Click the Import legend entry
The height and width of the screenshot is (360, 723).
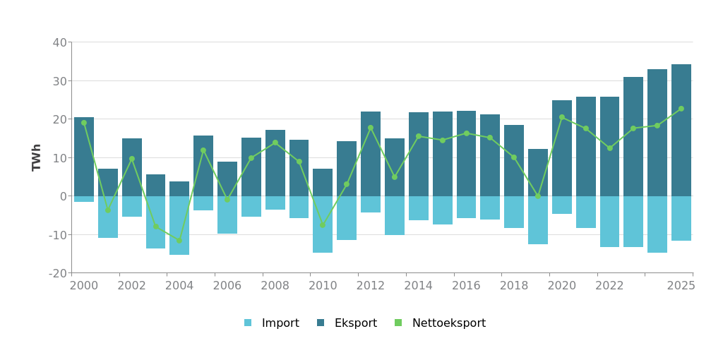tap(272, 323)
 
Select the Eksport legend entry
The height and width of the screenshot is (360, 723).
tap(347, 323)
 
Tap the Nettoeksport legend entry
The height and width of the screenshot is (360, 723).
tap(441, 323)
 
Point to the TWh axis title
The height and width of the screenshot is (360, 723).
tap(37, 157)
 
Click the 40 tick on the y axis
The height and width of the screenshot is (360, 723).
tap(59, 42)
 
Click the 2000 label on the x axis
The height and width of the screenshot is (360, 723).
tap(84, 286)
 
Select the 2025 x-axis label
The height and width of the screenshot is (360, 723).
tap(681, 286)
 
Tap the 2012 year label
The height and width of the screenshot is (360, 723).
tap(371, 286)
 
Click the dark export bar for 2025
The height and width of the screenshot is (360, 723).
tap(681, 131)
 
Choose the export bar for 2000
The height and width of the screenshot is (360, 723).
tap(84, 157)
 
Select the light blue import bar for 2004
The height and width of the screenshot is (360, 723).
tap(179, 226)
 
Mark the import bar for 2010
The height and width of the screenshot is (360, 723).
tap(323, 224)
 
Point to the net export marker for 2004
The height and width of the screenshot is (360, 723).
tap(179, 241)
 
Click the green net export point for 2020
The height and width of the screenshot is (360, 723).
tap(562, 118)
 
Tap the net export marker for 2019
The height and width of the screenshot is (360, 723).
tap(538, 196)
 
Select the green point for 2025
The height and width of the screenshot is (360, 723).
tap(681, 109)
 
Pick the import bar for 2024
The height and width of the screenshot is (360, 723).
tap(657, 224)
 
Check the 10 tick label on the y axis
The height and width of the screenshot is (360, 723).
tap(59, 157)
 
